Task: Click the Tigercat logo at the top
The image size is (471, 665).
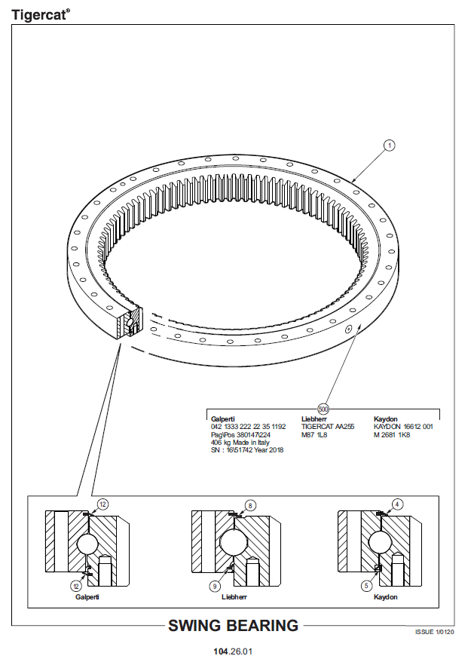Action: [40, 15]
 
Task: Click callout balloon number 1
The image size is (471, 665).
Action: [389, 146]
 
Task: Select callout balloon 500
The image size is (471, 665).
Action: [323, 409]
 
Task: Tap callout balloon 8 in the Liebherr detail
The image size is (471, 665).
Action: [250, 505]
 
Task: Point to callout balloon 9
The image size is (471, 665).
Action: [215, 586]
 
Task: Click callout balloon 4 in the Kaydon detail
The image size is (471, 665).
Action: [397, 504]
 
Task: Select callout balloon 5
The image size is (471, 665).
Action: [366, 586]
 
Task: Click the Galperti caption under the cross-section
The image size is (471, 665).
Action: [87, 597]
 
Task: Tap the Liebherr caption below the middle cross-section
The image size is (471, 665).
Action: [234, 597]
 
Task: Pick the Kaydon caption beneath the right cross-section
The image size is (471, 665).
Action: [385, 597]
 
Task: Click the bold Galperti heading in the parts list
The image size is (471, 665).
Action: [222, 419]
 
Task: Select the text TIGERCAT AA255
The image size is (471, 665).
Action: [328, 427]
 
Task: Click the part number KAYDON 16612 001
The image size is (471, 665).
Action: [403, 427]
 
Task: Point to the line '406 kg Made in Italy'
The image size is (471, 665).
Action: [240, 443]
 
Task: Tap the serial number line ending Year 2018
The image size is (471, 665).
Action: [247, 450]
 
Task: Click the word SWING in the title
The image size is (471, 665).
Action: [194, 626]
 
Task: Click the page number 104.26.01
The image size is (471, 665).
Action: [233, 651]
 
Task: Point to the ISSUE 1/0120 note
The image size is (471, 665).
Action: [435, 632]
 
